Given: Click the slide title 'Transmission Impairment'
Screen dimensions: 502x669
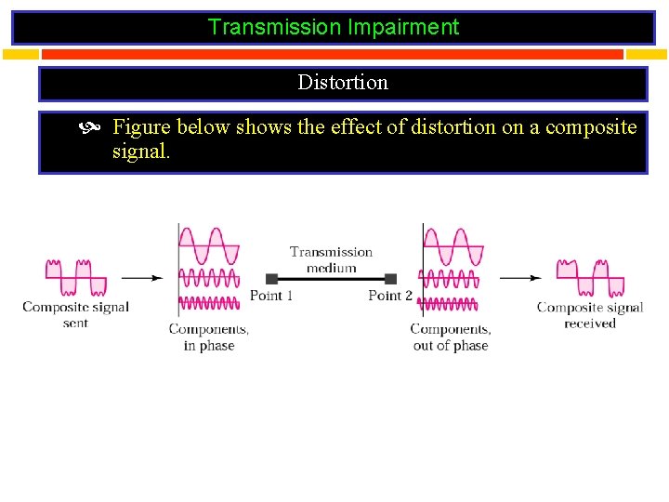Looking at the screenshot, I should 334,27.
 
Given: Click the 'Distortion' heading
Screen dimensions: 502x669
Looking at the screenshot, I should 343,82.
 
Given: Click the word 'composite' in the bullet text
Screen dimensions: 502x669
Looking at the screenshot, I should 591,126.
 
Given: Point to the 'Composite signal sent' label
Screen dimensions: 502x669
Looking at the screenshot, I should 75,314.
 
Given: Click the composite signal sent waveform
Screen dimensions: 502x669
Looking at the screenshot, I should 76,277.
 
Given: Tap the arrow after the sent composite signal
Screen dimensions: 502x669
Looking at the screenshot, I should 142,277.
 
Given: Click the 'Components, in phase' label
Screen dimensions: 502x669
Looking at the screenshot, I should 209,337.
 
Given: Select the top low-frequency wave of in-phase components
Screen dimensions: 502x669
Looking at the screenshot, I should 209,246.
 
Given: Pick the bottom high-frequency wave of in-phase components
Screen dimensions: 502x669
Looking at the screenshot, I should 209,302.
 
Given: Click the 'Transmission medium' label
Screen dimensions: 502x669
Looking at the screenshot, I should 331,259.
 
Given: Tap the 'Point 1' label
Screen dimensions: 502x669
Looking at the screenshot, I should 271,296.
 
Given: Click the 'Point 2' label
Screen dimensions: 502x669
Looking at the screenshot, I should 390,296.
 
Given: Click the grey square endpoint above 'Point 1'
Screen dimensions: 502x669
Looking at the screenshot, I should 272,279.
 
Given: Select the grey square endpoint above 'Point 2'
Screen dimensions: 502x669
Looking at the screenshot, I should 391,279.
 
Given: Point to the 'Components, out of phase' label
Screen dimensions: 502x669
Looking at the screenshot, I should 451,337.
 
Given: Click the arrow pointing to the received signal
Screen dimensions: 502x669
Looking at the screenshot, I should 520,277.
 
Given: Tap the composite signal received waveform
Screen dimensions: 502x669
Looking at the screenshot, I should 590,277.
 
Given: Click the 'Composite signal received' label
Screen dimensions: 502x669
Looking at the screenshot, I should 590,315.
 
